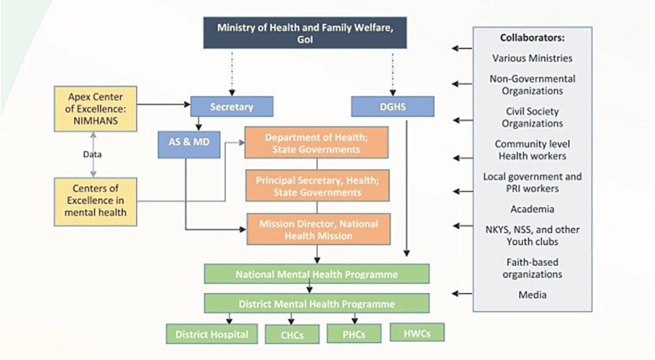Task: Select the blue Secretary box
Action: (231, 106)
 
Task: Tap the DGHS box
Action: (382, 106)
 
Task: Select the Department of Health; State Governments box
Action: (317, 143)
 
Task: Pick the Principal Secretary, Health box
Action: (317, 186)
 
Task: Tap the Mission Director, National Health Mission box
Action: (317, 229)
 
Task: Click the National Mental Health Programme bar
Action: (317, 274)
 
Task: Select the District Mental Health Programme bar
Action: (317, 303)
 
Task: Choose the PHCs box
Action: (354, 333)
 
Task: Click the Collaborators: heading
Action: (532, 38)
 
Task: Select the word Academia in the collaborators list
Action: (532, 209)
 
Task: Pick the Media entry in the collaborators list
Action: (532, 294)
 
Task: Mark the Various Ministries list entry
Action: (532, 58)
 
